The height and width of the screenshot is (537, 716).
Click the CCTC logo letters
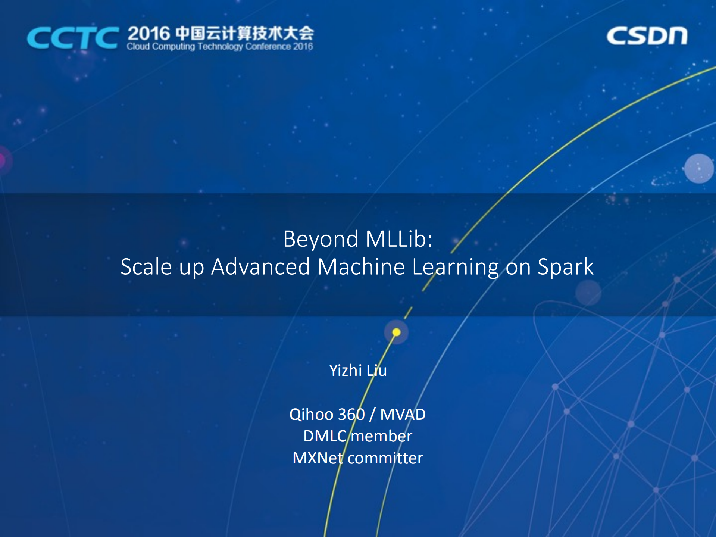tap(73, 38)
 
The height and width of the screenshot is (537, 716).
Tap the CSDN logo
tap(647, 36)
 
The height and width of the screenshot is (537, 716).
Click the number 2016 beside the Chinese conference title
tap(149, 34)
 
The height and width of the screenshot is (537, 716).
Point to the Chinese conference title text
tap(244, 33)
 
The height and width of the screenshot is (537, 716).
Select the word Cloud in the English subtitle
tap(138, 47)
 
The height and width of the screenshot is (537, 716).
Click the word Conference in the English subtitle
tap(268, 47)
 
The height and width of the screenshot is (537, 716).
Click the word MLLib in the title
tap(396, 239)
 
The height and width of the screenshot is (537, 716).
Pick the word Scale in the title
tap(146, 267)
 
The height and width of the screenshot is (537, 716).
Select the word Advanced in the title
tap(260, 267)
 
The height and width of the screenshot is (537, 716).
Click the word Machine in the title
tap(361, 267)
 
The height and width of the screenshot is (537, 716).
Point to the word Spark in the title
tap(565, 268)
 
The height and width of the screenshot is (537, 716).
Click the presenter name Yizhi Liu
tap(358, 371)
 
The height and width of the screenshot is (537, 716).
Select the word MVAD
tap(403, 415)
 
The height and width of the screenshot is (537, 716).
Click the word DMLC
tap(325, 436)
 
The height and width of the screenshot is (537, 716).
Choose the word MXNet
tap(318, 458)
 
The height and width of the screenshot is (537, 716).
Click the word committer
tap(385, 458)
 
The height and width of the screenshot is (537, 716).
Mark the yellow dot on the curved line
tap(396, 332)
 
